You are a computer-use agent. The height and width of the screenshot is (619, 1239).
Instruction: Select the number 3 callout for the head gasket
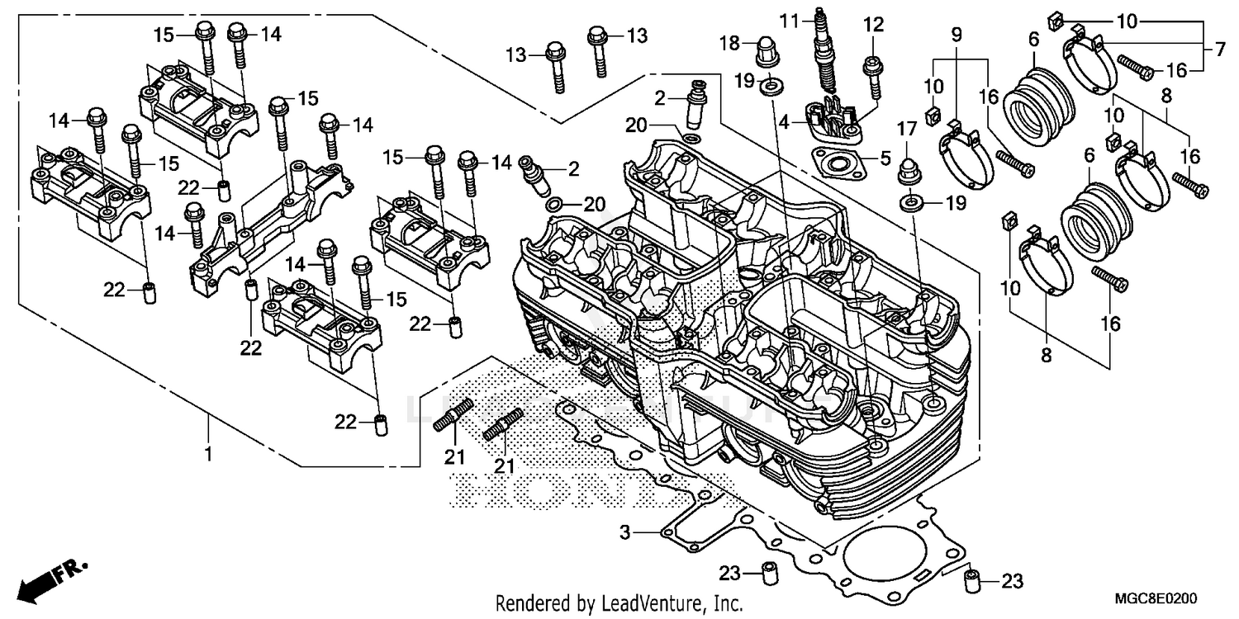pyautogui.click(x=625, y=534)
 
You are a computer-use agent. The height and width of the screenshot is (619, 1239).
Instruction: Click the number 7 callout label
pyautogui.click(x=1219, y=50)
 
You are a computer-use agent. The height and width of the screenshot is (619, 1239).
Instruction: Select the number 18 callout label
pyautogui.click(x=729, y=43)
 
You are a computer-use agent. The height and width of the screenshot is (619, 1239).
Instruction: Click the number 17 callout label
pyautogui.click(x=907, y=129)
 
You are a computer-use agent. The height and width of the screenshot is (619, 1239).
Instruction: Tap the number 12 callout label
pyautogui.click(x=873, y=24)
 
